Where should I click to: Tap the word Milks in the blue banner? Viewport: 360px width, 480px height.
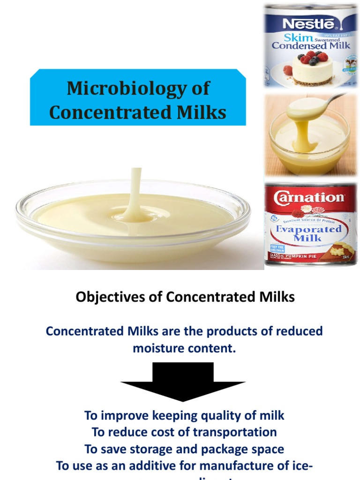click(199, 112)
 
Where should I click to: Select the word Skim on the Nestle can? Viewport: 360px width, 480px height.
click(298, 38)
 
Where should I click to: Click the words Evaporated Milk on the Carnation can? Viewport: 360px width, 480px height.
click(308, 233)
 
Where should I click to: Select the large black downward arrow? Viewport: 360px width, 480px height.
click(183, 382)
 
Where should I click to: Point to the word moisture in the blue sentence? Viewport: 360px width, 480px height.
click(159, 348)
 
